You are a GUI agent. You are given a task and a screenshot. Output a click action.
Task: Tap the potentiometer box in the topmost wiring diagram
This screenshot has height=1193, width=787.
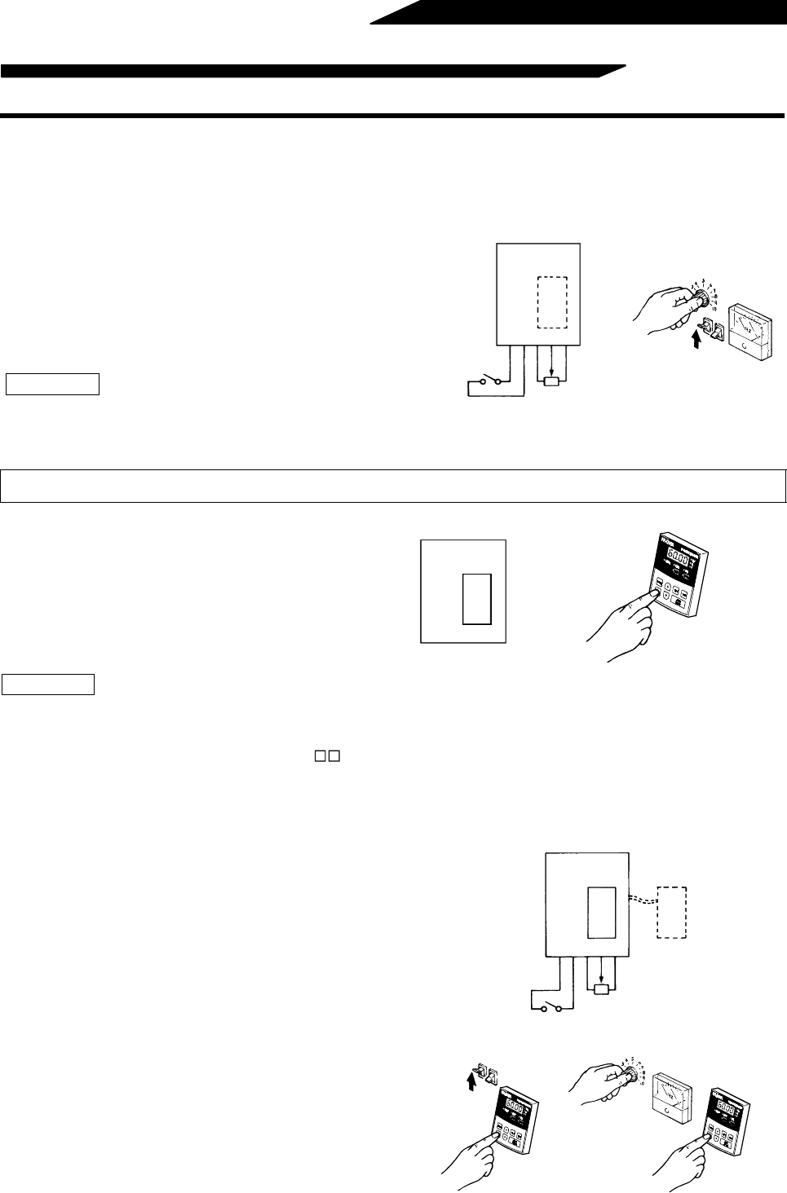pyautogui.click(x=551, y=381)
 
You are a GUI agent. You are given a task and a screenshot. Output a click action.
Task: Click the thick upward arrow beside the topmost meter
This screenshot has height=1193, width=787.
pyautogui.click(x=695, y=336)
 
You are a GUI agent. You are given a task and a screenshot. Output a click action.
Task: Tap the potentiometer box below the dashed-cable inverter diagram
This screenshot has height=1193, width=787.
pyautogui.click(x=601, y=989)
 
